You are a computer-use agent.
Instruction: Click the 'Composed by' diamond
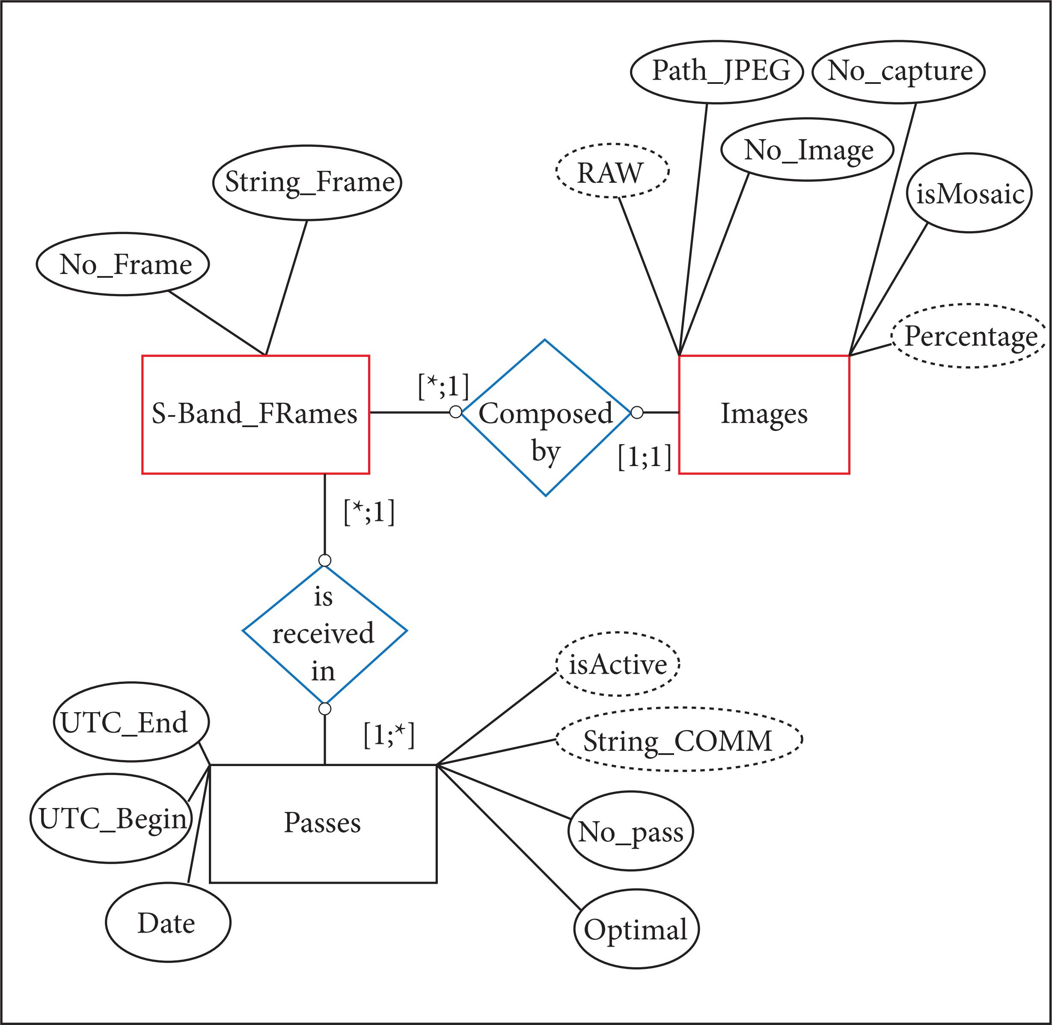pos(545,417)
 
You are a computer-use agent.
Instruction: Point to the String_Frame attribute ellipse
pos(307,182)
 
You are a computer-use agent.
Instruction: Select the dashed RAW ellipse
pos(612,171)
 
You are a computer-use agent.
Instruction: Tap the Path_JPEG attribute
pos(716,71)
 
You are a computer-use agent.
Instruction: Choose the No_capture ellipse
pos(898,71)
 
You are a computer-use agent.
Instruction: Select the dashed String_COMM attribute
pos(678,740)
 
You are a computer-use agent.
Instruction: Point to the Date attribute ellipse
pos(167,923)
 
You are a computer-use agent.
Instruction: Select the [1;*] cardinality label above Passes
pos(389,735)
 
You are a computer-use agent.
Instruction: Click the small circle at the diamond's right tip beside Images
pos(636,413)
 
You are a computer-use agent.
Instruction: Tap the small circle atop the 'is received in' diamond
pos(325,560)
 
